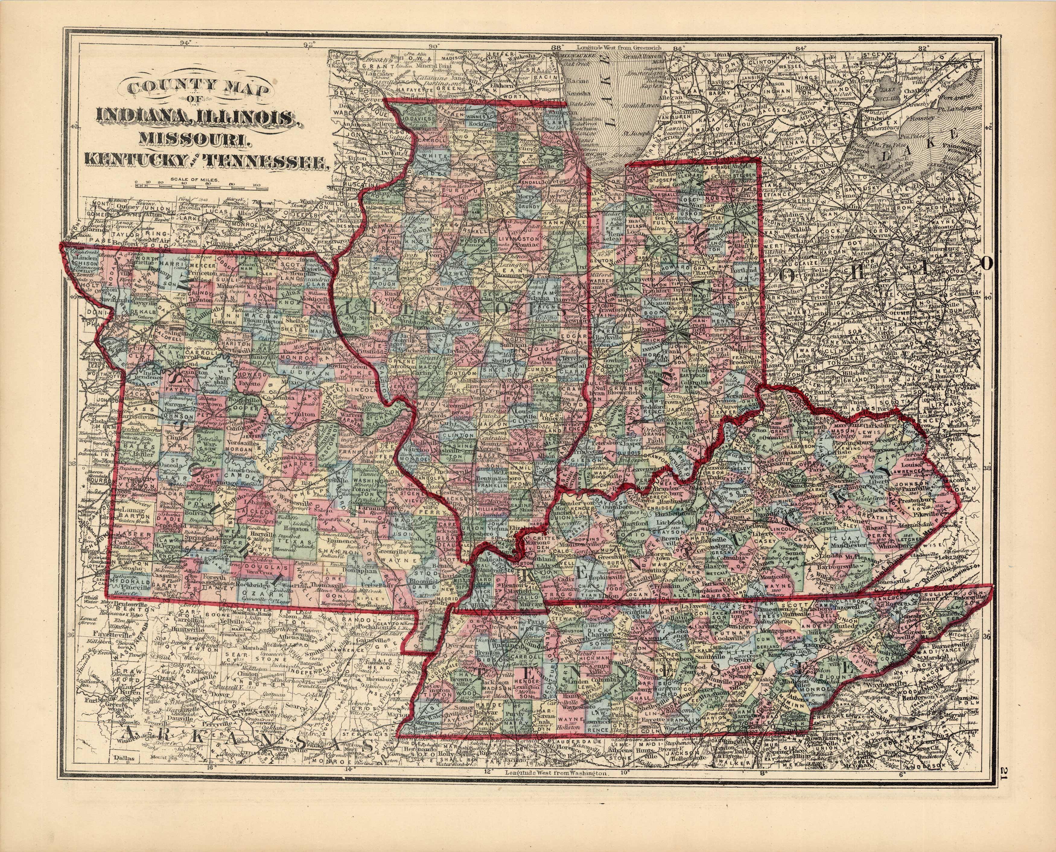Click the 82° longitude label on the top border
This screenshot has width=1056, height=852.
click(x=924, y=48)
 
